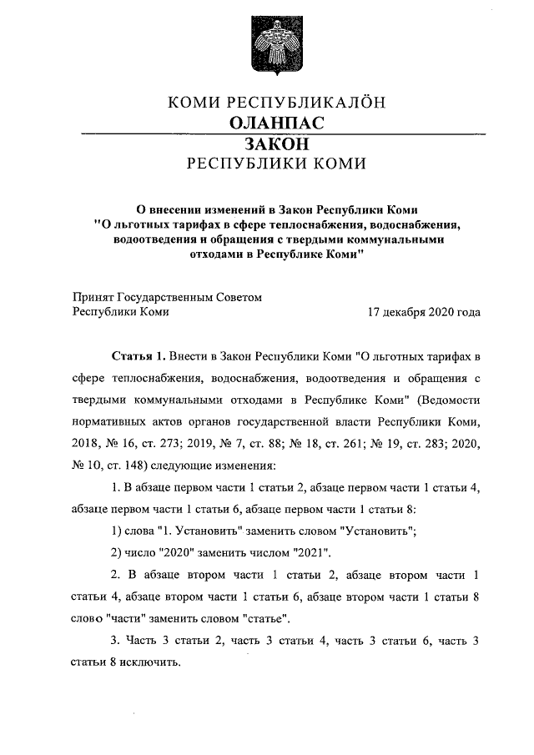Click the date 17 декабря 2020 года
coord(423,312)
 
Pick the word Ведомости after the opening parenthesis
coord(448,398)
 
